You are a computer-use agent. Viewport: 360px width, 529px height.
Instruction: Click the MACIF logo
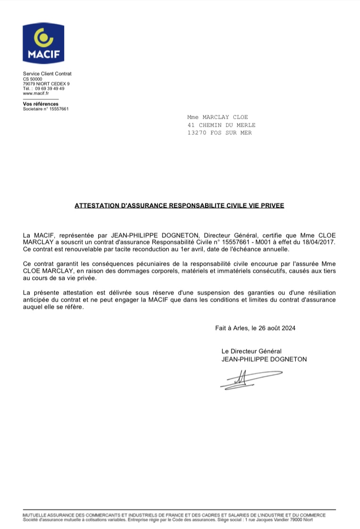pos(44,43)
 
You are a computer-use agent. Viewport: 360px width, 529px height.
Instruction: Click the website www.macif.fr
pos(36,93)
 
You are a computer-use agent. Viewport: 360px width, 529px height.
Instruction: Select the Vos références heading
pos(41,104)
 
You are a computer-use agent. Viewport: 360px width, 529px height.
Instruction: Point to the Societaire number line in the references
pos(46,109)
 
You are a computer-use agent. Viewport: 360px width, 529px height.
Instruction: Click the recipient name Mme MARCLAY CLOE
pos(217,117)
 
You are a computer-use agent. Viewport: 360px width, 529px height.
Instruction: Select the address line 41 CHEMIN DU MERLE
pos(221,125)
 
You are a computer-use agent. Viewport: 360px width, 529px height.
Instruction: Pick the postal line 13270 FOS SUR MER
pos(220,133)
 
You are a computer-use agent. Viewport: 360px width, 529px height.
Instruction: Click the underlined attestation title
pos(180,206)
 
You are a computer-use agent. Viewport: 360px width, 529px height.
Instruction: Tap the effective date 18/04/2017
pos(321,242)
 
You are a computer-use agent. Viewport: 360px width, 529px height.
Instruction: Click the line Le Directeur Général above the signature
pos(251,351)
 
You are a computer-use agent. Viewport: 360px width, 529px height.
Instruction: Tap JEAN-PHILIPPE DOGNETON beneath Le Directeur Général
pos(264,359)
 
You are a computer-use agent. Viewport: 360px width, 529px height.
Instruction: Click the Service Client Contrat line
pos(47,74)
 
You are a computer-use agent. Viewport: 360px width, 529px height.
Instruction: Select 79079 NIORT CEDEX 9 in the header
pos(46,84)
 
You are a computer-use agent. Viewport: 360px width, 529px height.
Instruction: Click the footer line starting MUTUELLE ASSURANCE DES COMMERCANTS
pos(174,514)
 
